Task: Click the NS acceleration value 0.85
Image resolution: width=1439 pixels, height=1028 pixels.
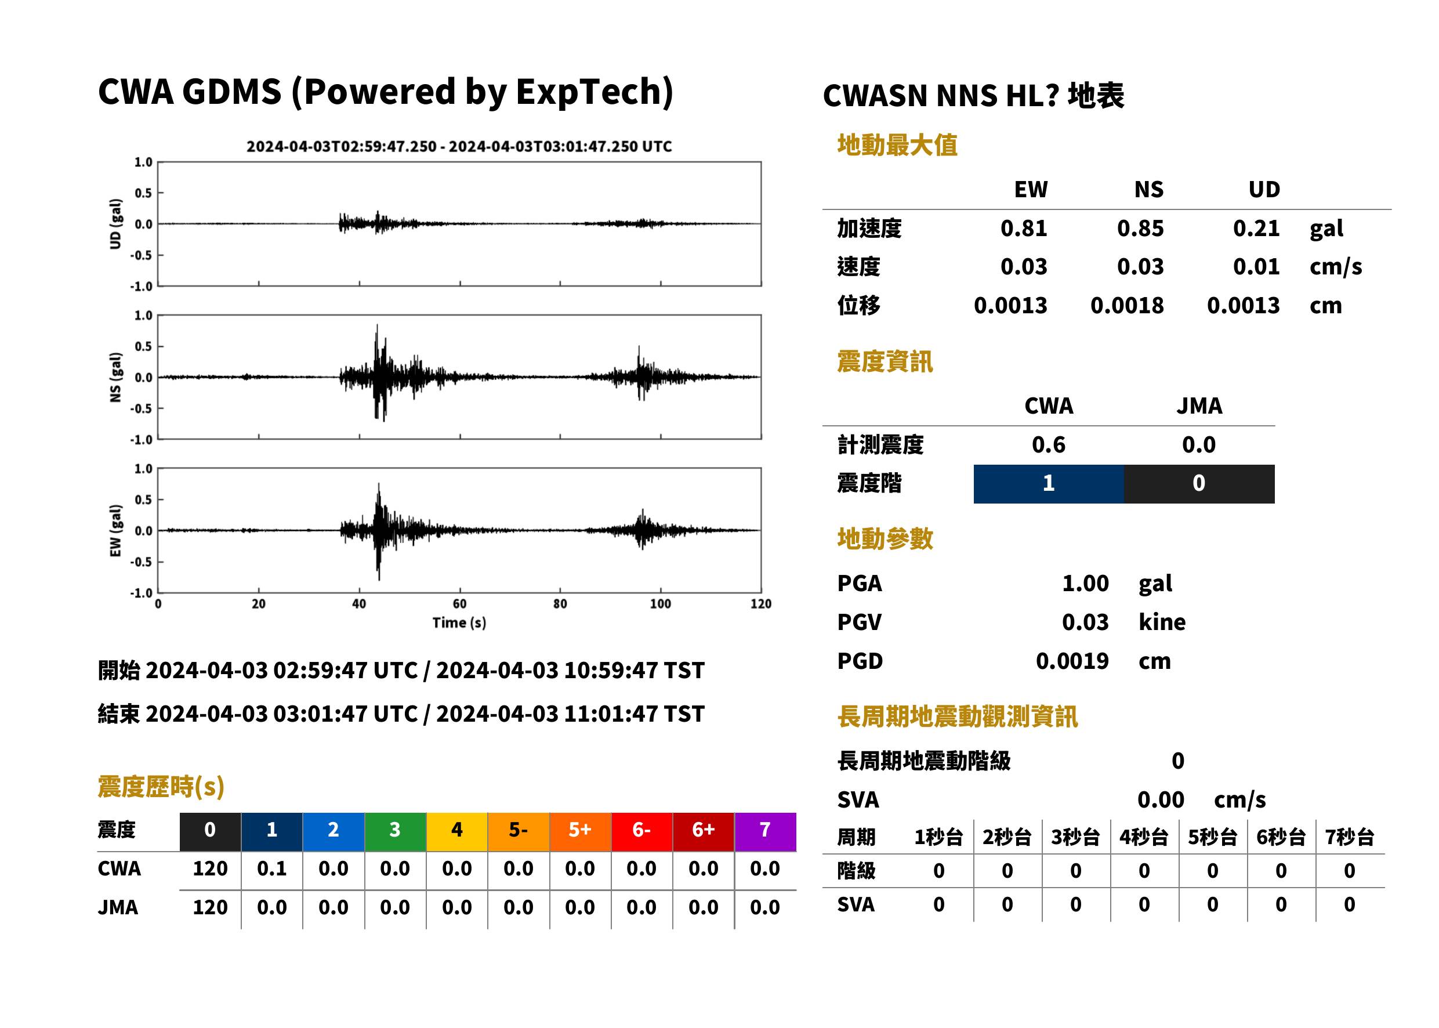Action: coord(1140,229)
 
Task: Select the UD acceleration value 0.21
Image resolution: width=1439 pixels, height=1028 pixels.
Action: coord(1256,229)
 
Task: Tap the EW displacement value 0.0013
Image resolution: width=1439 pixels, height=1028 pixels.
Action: coord(1010,306)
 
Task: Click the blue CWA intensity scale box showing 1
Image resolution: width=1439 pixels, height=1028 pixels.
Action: coord(1049,484)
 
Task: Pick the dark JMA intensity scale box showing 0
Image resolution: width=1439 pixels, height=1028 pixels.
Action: coord(1199,484)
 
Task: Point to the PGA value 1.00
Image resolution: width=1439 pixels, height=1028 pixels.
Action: coord(1085,583)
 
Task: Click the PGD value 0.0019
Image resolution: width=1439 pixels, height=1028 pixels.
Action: coord(1072,661)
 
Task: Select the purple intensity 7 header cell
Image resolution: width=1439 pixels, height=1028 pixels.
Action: coord(765,831)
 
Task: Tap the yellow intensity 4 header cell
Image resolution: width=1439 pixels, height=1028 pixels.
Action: coord(457,831)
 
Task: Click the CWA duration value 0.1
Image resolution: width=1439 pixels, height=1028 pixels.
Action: coord(272,868)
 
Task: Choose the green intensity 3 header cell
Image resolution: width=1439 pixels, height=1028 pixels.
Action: coord(396,831)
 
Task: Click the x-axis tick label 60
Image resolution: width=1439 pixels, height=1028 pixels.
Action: coord(459,604)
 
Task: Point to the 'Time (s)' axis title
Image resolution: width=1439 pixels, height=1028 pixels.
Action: coord(459,623)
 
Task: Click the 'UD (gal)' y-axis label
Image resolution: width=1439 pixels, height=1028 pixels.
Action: coord(115,224)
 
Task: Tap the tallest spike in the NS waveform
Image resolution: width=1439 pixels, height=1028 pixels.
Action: coord(377,325)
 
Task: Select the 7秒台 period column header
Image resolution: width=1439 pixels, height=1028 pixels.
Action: coord(1349,838)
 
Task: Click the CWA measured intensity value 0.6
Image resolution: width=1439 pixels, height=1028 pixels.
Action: coord(1049,445)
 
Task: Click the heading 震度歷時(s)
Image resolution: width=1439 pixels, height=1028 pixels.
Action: coord(161,787)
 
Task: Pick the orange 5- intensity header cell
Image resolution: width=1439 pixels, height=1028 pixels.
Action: coord(519,831)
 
